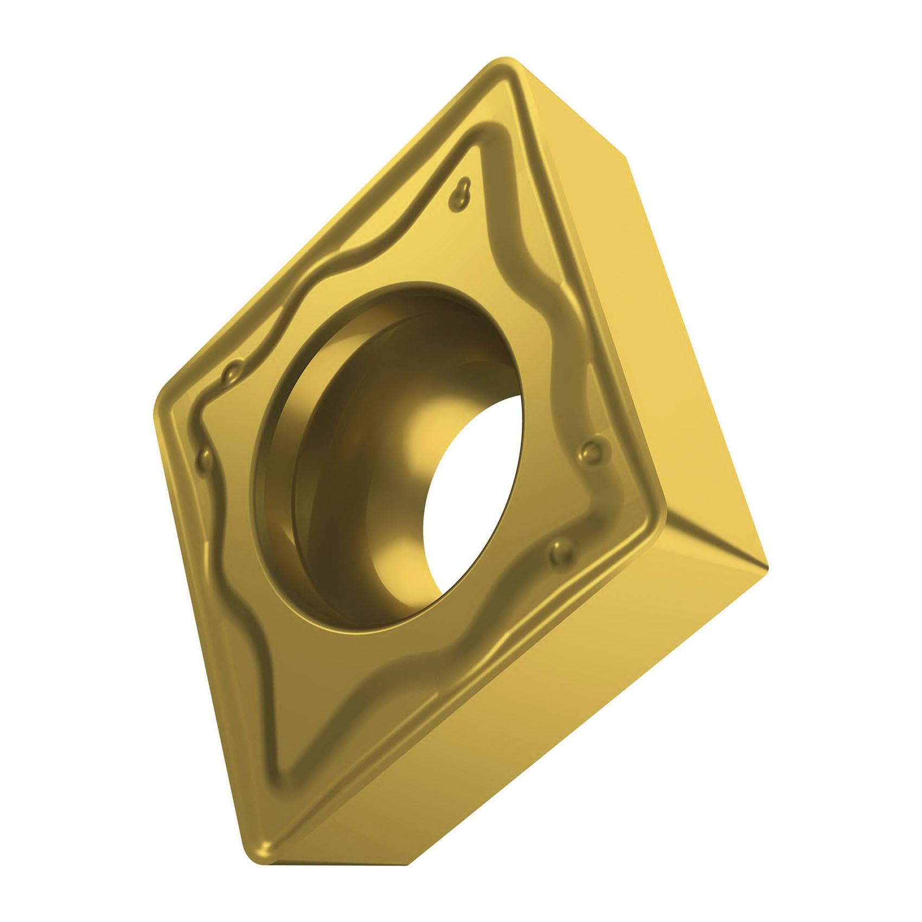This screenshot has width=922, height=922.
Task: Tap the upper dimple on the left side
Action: click(232, 373)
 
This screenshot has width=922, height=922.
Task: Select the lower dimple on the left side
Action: click(205, 459)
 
